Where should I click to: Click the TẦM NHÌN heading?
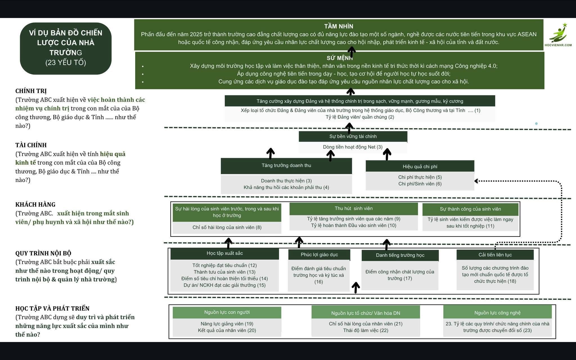(339, 26)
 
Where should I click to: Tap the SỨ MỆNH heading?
(339, 58)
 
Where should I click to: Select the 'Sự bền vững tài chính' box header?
(353, 136)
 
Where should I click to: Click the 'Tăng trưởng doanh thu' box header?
(286, 165)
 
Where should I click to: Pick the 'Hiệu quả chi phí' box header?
(420, 166)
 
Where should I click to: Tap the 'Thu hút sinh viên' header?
(354, 208)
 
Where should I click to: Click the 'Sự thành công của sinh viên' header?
(470, 209)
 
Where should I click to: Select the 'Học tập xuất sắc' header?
(225, 253)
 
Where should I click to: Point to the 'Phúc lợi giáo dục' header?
(319, 255)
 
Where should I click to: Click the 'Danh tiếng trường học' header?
(400, 255)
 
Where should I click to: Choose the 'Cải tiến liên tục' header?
(495, 255)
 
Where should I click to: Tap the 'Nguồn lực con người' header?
(227, 312)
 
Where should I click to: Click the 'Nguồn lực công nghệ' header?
(497, 313)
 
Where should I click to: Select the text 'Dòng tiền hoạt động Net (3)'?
(353, 147)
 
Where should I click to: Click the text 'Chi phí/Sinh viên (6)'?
(420, 184)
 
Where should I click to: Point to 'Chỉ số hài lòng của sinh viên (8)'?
(227, 227)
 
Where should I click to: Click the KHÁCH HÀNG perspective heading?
(35, 204)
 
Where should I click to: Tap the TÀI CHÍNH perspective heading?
(31, 145)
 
